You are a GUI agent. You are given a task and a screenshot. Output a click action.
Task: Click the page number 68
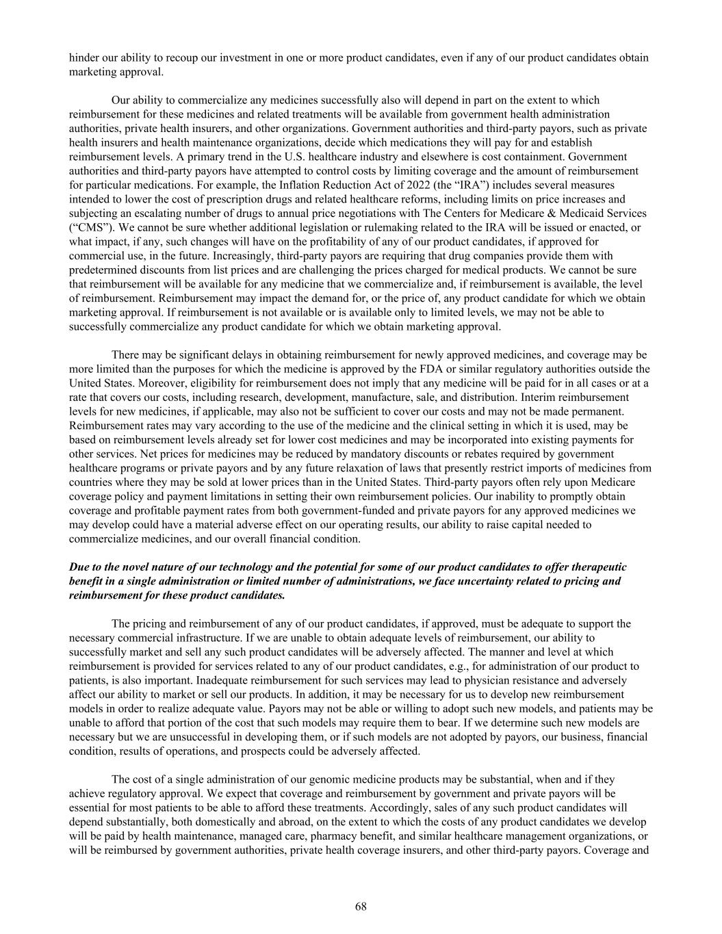(x=361, y=907)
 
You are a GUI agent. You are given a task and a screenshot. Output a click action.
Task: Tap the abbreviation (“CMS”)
(x=89, y=228)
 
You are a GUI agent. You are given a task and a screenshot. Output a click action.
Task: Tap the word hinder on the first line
(x=83, y=57)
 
